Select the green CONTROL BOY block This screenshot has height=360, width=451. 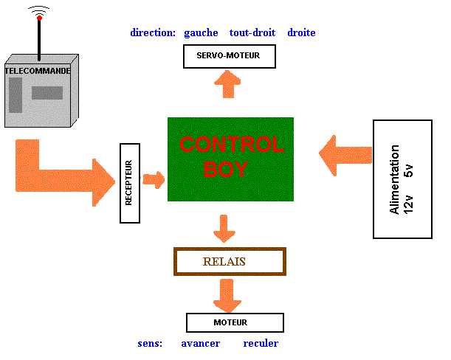point(230,159)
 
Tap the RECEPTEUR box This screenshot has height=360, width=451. point(130,183)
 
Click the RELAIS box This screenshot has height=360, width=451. point(229,261)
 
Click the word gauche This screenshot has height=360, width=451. point(201,32)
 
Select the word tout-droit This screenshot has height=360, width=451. point(252,32)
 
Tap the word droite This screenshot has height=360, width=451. point(301,32)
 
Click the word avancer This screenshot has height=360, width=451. point(201,344)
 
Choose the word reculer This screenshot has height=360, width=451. point(261,344)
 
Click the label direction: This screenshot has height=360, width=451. point(153,32)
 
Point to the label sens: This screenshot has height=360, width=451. point(150,344)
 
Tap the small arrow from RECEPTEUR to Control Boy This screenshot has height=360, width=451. point(154,179)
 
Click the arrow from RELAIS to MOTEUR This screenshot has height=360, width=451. point(227,295)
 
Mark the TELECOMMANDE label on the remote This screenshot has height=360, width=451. point(38,71)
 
